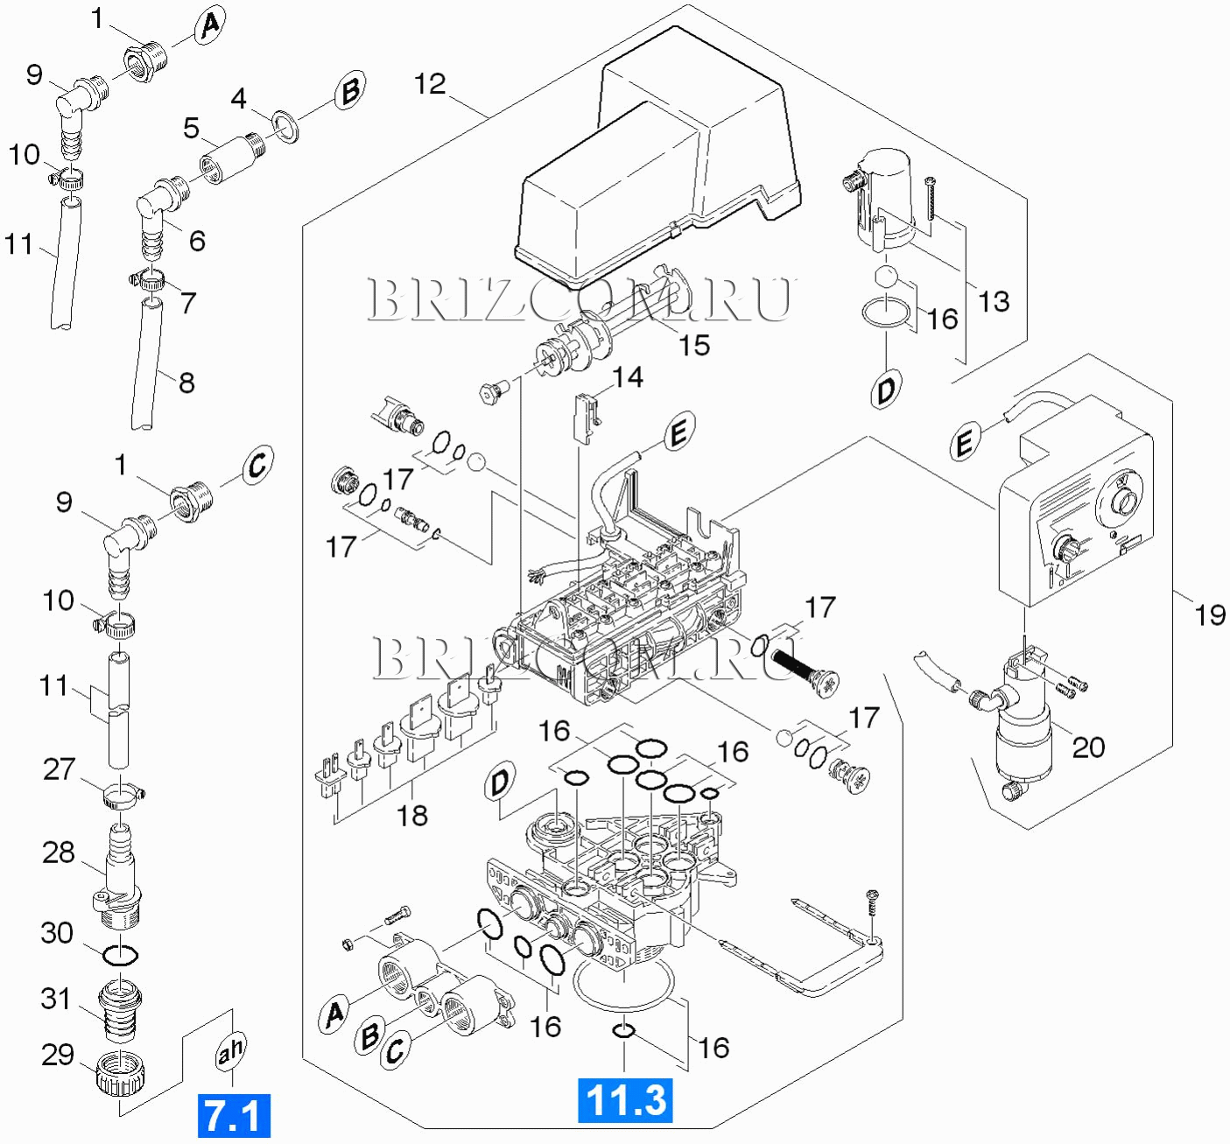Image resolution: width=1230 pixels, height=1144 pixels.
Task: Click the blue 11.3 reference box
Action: pos(625,1100)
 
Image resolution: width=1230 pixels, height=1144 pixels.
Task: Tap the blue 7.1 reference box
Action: pos(234,1116)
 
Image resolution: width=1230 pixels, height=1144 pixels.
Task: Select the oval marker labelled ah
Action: pos(230,1050)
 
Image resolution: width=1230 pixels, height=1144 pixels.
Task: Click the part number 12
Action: pos(430,84)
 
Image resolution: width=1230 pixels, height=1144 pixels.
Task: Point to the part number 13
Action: pos(994,302)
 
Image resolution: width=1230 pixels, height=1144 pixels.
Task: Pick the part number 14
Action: pos(628,377)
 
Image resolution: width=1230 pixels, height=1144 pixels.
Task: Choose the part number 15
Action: pos(694,345)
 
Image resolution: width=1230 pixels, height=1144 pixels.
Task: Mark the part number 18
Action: pos(412,816)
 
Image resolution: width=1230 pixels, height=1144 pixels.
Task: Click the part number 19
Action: pos(1210,615)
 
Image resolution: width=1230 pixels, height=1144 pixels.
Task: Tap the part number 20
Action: pos(1088,747)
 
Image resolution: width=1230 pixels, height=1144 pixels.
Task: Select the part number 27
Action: pos(60,769)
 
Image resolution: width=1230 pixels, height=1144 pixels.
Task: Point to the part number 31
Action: pos(56,999)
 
